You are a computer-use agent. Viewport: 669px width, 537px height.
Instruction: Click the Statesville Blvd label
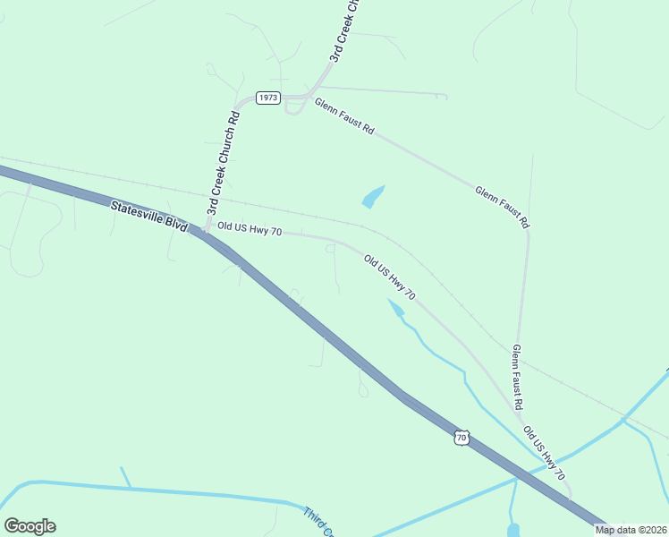click(148, 218)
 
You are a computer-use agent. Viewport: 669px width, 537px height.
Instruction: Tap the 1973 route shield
click(268, 98)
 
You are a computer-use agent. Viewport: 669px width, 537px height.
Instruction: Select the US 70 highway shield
click(461, 437)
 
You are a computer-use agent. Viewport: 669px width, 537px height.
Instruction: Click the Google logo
click(30, 526)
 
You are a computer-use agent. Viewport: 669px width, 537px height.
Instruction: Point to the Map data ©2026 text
click(630, 530)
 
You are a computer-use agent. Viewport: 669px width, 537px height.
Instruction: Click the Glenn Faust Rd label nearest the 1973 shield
click(343, 116)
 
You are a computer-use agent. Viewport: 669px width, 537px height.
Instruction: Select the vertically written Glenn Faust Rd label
click(516, 377)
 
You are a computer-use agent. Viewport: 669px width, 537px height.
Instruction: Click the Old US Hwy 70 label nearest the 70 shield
click(544, 452)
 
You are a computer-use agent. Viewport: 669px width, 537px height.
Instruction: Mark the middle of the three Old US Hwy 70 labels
click(390, 277)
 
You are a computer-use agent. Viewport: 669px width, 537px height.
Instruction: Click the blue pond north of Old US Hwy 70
click(373, 196)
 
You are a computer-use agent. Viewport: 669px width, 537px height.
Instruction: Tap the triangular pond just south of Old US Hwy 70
click(395, 308)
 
